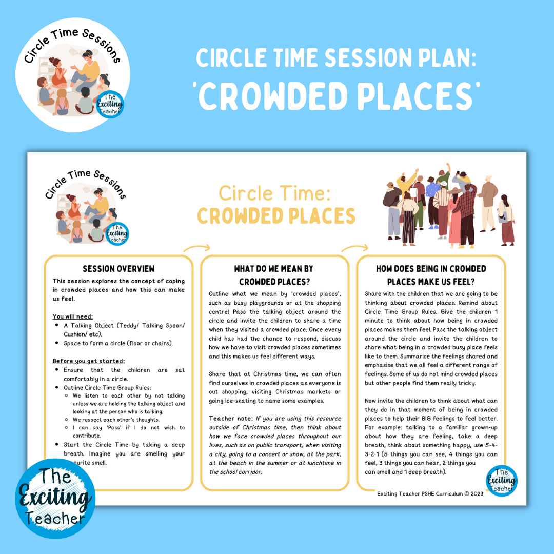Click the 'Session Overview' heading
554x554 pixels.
coord(118,269)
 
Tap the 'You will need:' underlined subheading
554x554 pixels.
coord(72,316)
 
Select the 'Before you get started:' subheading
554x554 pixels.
coord(89,361)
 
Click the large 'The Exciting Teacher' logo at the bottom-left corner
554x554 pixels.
coord(55,499)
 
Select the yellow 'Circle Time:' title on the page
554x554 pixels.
coord(276,193)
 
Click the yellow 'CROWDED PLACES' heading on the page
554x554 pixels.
coord(276,216)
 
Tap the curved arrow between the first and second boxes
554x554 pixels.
coord(196,250)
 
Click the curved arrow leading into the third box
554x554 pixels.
coord(352,250)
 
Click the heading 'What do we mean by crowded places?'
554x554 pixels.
coord(274,275)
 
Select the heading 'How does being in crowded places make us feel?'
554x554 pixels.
coord(430,275)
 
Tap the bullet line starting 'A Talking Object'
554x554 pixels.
coord(124,326)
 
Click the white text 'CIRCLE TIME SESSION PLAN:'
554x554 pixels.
coord(336,58)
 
